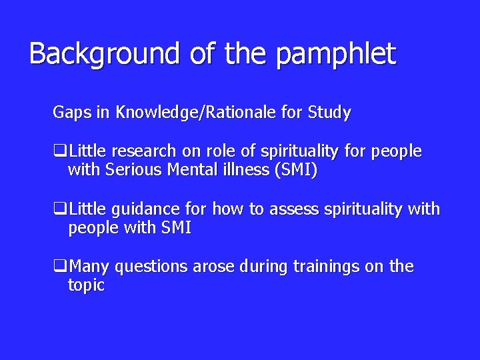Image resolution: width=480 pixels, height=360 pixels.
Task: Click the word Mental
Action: tap(184, 171)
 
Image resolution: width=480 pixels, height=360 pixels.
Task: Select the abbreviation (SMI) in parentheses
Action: tap(293, 171)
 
